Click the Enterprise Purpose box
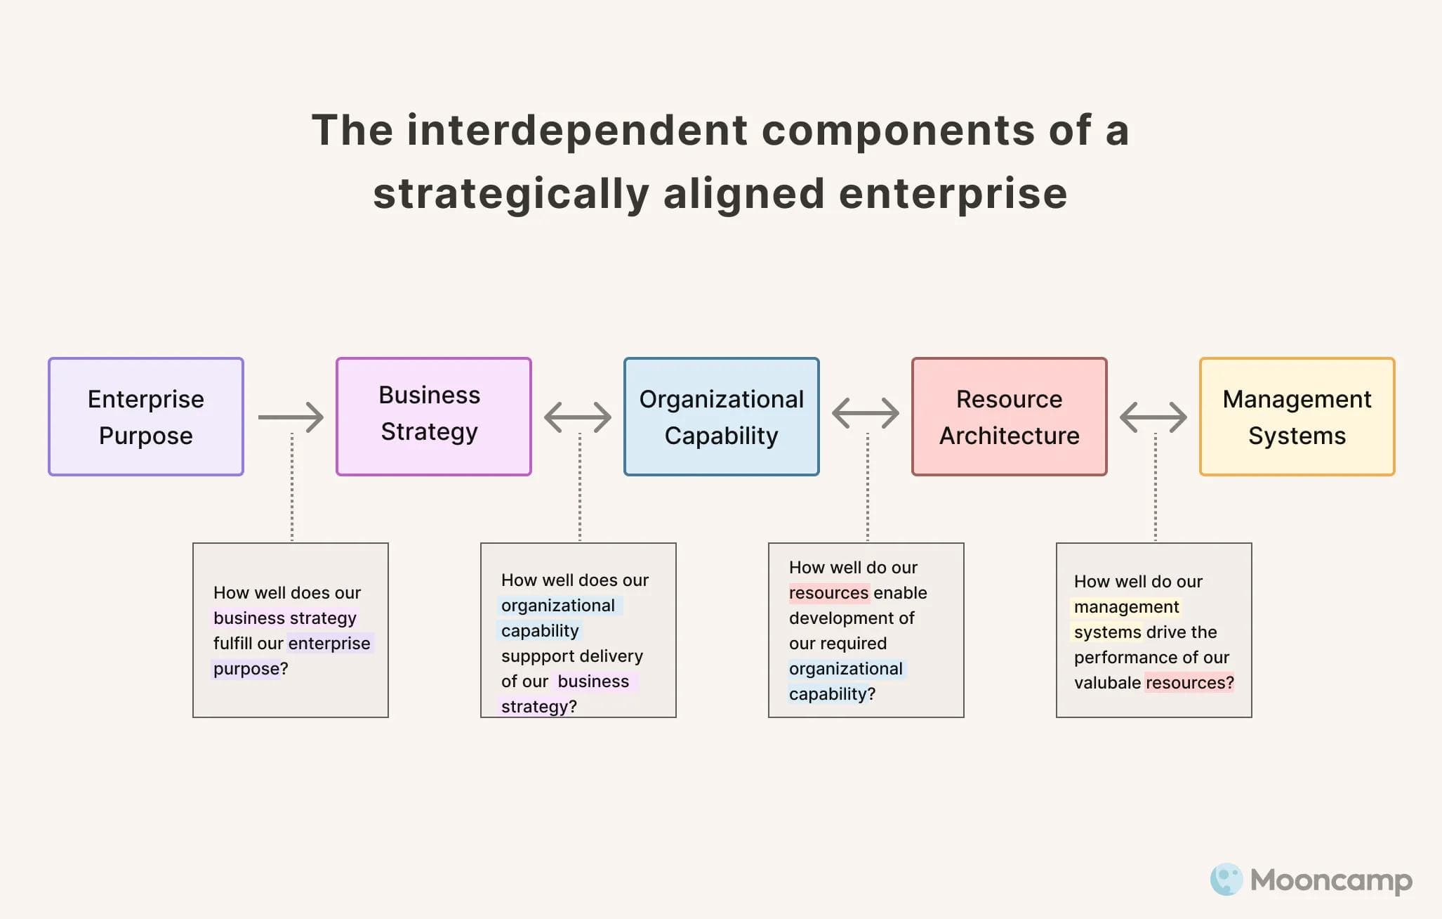click(146, 417)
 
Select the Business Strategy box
click(433, 417)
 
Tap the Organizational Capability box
click(721, 417)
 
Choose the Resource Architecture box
click(1009, 417)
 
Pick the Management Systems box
click(1297, 417)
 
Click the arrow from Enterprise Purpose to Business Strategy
click(291, 417)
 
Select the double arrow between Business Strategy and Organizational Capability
click(578, 417)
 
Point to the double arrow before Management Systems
click(1153, 417)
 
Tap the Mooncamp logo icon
click(1226, 879)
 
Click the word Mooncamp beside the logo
click(1331, 880)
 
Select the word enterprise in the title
click(953, 194)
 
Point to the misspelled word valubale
click(1106, 683)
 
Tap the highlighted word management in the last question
click(1126, 607)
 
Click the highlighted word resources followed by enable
click(828, 593)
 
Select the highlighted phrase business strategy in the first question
click(284, 618)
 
